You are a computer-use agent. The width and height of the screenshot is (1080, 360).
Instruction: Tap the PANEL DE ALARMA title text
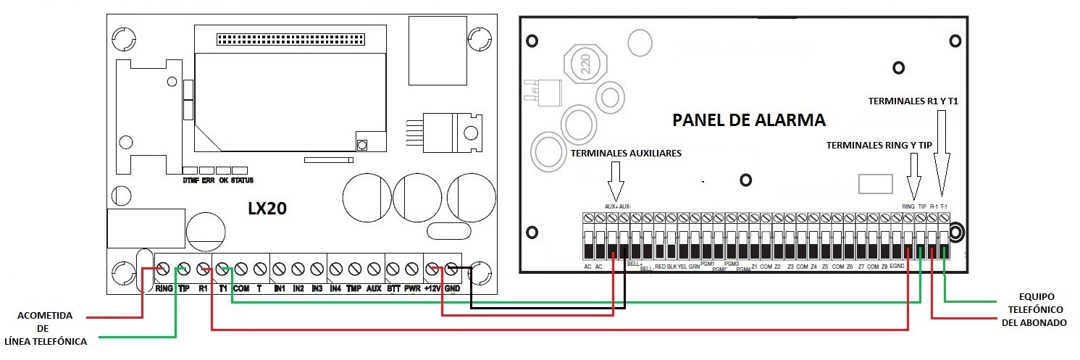[x=749, y=120]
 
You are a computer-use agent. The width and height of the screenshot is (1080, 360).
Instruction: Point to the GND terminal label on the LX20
[x=453, y=288]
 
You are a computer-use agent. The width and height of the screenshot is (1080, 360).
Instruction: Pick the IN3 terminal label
[x=317, y=288]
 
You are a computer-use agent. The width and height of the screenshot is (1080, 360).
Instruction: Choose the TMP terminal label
[x=354, y=288]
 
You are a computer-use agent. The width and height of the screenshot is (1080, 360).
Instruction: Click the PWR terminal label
[x=413, y=288]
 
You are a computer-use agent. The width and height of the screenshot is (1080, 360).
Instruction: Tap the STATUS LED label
[x=242, y=180]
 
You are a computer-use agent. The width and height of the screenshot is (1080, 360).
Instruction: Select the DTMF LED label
[x=191, y=180]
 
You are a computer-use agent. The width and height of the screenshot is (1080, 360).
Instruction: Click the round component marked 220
[x=585, y=68]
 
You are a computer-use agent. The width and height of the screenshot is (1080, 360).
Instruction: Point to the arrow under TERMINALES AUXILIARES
[x=615, y=180]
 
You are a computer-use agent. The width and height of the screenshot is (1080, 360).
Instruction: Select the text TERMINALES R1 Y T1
[x=913, y=102]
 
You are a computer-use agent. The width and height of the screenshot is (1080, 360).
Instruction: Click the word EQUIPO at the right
[x=1036, y=296]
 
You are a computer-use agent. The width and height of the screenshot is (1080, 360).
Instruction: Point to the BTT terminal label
[x=393, y=288]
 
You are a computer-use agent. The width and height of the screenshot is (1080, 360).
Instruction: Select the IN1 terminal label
[x=279, y=288]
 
